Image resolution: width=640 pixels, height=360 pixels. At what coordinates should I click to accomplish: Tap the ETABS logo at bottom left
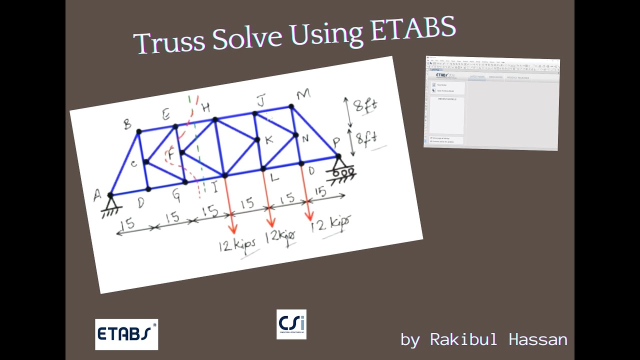pos(126,334)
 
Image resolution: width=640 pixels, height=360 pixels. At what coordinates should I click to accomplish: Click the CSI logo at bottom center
pos(291,324)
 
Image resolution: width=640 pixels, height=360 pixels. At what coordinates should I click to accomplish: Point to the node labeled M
pos(291,106)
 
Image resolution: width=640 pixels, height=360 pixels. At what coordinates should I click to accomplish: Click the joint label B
pos(128,124)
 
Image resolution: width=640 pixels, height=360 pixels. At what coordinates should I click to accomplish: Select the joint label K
pos(269,139)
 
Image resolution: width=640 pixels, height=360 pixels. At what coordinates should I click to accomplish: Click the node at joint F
pos(182,152)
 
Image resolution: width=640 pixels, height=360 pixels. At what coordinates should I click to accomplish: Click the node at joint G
pos(185,182)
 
